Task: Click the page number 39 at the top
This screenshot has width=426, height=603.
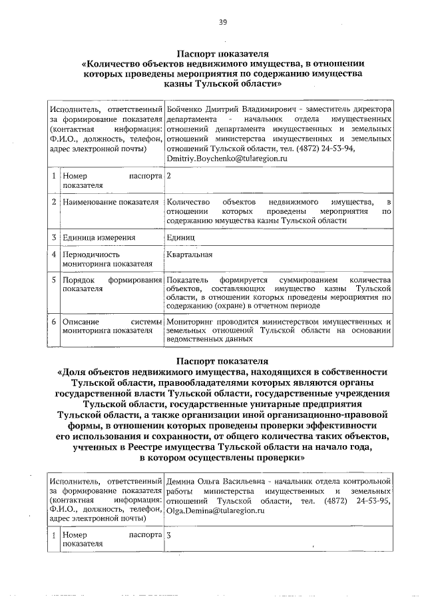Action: pyautogui.click(x=223, y=22)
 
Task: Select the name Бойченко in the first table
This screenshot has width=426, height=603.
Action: pyautogui.click(x=185, y=108)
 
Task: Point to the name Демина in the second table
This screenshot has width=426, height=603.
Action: pyautogui.click(x=182, y=480)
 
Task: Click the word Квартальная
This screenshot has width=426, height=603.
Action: pyautogui.click(x=190, y=255)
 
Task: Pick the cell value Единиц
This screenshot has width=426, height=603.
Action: pyautogui.click(x=181, y=237)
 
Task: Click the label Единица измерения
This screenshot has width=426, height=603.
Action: pyautogui.click(x=99, y=237)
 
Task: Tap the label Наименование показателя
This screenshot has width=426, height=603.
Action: pyautogui.click(x=110, y=201)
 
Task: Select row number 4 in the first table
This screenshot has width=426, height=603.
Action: pyautogui.click(x=53, y=255)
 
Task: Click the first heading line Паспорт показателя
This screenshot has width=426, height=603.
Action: pyautogui.click(x=222, y=54)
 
